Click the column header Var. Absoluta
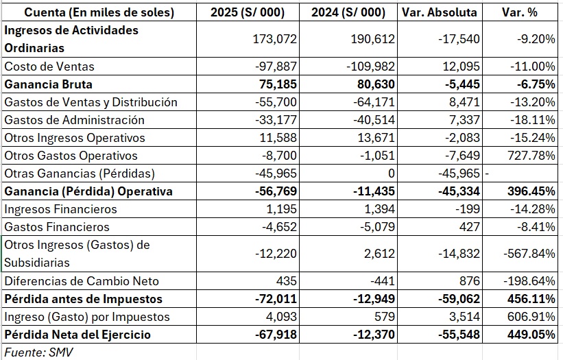click(x=440, y=12)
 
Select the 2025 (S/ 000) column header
click(x=248, y=12)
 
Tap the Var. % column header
click(x=520, y=12)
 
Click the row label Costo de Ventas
click(x=49, y=67)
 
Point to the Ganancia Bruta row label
click(x=49, y=84)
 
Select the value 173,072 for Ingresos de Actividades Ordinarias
click(x=275, y=39)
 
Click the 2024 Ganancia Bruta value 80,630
click(x=374, y=84)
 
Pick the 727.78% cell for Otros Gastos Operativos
click(x=531, y=156)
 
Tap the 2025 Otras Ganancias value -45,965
click(x=276, y=173)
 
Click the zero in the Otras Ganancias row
click(x=391, y=173)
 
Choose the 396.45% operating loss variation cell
click(x=531, y=191)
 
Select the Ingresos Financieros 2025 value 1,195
click(x=281, y=209)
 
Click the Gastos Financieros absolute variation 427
click(x=469, y=227)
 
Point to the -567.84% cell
click(x=529, y=254)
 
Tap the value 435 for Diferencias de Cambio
click(x=287, y=281)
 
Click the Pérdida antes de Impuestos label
click(x=83, y=299)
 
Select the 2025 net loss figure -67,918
click(x=276, y=335)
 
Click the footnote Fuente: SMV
click(x=39, y=352)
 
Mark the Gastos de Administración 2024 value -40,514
click(x=374, y=120)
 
